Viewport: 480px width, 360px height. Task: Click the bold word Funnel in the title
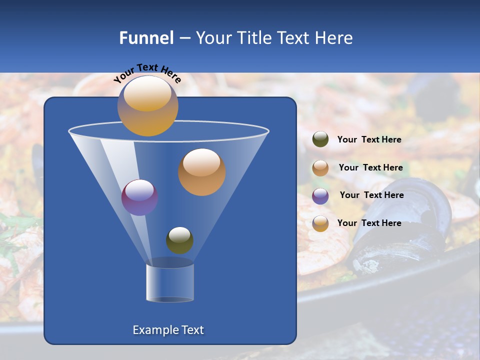pyautogui.click(x=146, y=38)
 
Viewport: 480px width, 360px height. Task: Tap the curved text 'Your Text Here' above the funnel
pyautogui.click(x=147, y=73)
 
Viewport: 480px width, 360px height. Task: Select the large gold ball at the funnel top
pyautogui.click(x=147, y=105)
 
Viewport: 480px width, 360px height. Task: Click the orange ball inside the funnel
pyautogui.click(x=201, y=172)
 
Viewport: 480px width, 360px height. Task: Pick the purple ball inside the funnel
pyautogui.click(x=139, y=197)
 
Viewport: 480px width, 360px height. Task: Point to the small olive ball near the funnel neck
pyautogui.click(x=179, y=240)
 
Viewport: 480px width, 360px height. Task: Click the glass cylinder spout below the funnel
pyautogui.click(x=170, y=282)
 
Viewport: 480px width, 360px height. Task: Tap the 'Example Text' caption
pyautogui.click(x=168, y=330)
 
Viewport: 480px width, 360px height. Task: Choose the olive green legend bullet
pyautogui.click(x=320, y=139)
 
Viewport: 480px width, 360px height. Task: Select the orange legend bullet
pyautogui.click(x=320, y=168)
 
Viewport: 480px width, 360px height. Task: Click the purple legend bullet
pyautogui.click(x=320, y=195)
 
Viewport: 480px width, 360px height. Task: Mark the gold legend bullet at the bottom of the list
pyautogui.click(x=320, y=223)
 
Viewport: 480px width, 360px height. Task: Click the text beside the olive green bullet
pyautogui.click(x=369, y=139)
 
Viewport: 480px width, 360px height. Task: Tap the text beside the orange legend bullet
pyautogui.click(x=370, y=167)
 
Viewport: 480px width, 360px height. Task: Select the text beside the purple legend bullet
pyautogui.click(x=371, y=195)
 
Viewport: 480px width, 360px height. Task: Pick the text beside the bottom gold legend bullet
pyautogui.click(x=369, y=223)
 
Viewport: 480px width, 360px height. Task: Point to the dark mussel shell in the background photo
pyautogui.click(x=400, y=225)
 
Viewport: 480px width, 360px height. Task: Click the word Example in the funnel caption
pyautogui.click(x=153, y=330)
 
